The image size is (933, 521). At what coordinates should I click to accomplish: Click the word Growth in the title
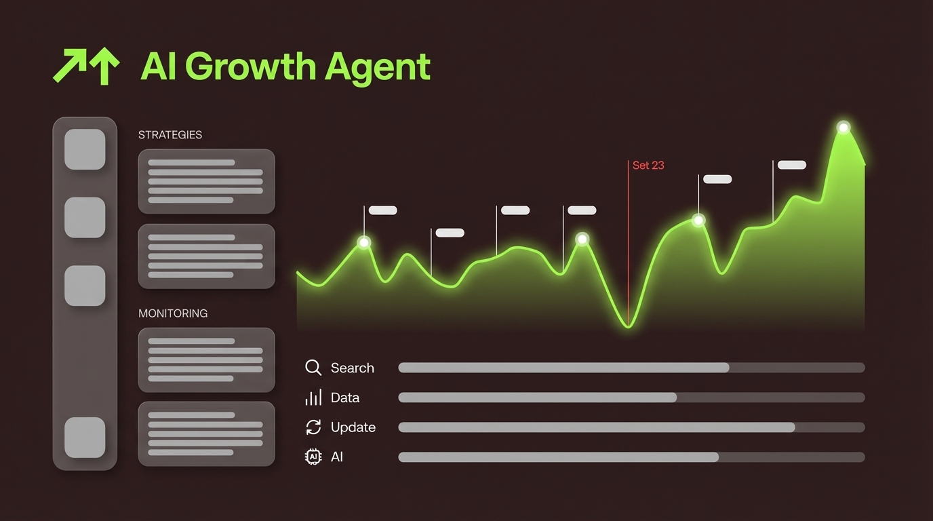pyautogui.click(x=250, y=66)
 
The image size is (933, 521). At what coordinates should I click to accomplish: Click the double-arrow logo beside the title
pyautogui.click(x=86, y=66)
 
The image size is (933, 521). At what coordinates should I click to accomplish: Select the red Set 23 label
pyautogui.click(x=648, y=166)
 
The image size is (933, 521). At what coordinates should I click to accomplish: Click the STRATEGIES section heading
pyautogui.click(x=170, y=135)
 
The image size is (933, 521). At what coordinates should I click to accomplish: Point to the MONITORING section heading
pyautogui.click(x=173, y=313)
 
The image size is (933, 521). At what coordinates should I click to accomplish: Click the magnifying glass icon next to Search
pyautogui.click(x=313, y=368)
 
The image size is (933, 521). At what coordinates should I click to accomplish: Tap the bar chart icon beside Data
pyautogui.click(x=313, y=398)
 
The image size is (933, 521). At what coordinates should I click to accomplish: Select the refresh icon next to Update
pyautogui.click(x=313, y=427)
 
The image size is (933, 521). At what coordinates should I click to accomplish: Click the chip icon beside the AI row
pyautogui.click(x=313, y=457)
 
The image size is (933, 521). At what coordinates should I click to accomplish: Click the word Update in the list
pyautogui.click(x=353, y=427)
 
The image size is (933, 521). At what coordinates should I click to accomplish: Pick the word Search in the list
pyautogui.click(x=352, y=368)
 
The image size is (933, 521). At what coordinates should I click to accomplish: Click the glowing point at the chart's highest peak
pyautogui.click(x=843, y=127)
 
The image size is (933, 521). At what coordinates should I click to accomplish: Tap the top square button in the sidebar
pyautogui.click(x=85, y=149)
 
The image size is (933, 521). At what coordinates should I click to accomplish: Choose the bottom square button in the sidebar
pyautogui.click(x=85, y=438)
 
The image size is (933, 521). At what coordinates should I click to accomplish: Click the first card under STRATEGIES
pyautogui.click(x=206, y=181)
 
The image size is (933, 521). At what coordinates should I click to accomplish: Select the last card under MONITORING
pyautogui.click(x=206, y=433)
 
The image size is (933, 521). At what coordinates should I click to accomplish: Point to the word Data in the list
pyautogui.click(x=344, y=398)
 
